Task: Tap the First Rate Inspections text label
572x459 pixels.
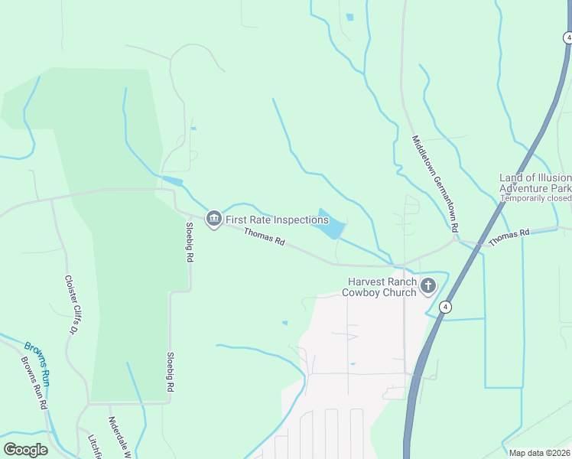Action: coord(277,220)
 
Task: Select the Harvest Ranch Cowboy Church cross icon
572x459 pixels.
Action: coord(428,287)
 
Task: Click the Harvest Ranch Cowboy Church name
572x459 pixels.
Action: coord(379,287)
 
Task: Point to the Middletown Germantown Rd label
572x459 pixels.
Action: coord(434,184)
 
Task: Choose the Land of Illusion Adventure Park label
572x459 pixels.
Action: coord(535,183)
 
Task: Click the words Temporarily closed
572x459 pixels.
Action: coord(536,198)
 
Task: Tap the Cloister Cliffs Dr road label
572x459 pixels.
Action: coord(72,304)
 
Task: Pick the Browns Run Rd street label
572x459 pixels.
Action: coord(34,383)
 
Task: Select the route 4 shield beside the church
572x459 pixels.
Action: coord(446,307)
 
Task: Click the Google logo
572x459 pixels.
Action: coord(25,450)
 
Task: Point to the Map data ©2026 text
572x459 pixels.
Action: coord(539,453)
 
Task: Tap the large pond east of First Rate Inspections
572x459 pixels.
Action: coord(329,224)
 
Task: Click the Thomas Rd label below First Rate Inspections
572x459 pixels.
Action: coord(264,239)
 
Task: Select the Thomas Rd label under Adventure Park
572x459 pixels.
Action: coord(509,236)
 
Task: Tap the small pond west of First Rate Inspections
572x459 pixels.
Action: coord(172,181)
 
